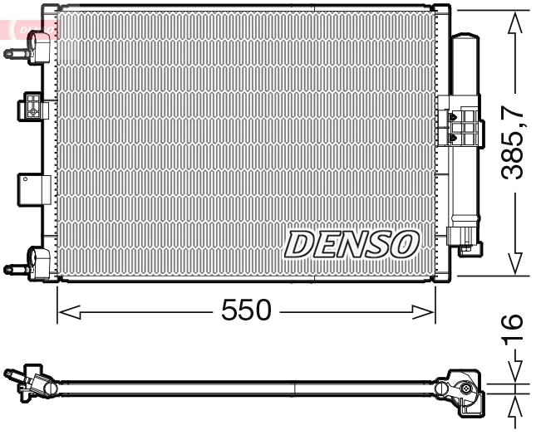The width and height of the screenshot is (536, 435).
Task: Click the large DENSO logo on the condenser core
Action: point(351,243)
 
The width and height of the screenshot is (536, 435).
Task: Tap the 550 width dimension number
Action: point(247,310)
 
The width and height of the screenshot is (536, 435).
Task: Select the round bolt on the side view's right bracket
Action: point(467,389)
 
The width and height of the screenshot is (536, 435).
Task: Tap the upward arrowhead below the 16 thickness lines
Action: point(516,404)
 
